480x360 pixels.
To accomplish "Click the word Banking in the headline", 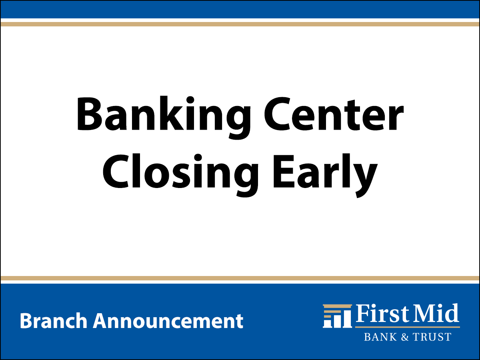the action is tap(163, 117).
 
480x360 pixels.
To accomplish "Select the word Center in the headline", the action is tap(334, 114).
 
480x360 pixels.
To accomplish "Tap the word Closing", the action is tap(180, 174).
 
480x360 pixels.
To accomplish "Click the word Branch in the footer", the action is tap(54, 320).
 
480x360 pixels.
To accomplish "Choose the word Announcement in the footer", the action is tap(168, 321).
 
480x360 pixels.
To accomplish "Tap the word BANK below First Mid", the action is tap(380, 337).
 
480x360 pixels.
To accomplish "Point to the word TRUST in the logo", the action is tap(432, 337).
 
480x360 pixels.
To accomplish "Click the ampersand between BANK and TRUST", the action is tap(405, 337).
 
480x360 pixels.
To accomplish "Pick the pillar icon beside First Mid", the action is tap(338, 316).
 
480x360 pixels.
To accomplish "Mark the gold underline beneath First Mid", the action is tap(407, 327).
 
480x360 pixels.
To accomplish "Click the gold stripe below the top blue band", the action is tap(240, 24).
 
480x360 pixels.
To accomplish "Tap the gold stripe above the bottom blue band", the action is tap(240, 278).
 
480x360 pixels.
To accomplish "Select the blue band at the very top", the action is tap(240, 9).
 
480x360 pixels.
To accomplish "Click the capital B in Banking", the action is tap(90, 114).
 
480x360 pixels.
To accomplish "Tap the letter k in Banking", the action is tap(172, 113).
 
